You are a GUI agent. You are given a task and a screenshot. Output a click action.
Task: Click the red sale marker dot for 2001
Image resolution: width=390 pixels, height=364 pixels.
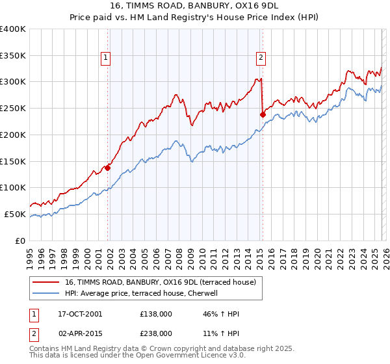108,168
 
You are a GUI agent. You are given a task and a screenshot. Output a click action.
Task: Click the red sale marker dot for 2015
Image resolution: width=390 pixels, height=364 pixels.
263,114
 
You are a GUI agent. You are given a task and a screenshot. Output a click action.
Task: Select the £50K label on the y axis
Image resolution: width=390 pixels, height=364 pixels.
15,214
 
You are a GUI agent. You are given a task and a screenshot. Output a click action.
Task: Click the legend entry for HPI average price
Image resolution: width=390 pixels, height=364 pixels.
143,293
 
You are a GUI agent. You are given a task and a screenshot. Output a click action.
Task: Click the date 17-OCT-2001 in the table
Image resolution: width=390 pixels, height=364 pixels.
79,314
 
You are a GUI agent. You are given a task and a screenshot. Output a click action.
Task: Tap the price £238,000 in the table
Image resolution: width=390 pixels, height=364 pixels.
156,333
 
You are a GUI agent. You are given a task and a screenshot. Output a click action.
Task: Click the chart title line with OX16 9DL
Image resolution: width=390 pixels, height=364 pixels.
195,7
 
